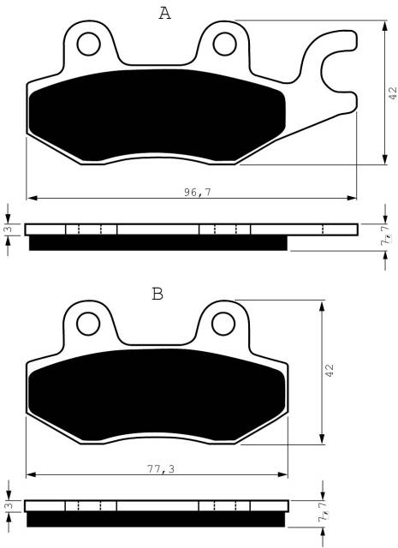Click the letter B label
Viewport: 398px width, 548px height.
tap(157, 295)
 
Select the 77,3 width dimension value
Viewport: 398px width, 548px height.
tap(157, 470)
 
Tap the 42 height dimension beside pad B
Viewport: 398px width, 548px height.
tap(329, 370)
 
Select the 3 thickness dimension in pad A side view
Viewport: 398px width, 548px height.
tap(8, 229)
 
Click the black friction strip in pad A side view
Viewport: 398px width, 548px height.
tap(158, 243)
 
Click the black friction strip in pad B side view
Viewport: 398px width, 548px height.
tap(158, 520)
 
